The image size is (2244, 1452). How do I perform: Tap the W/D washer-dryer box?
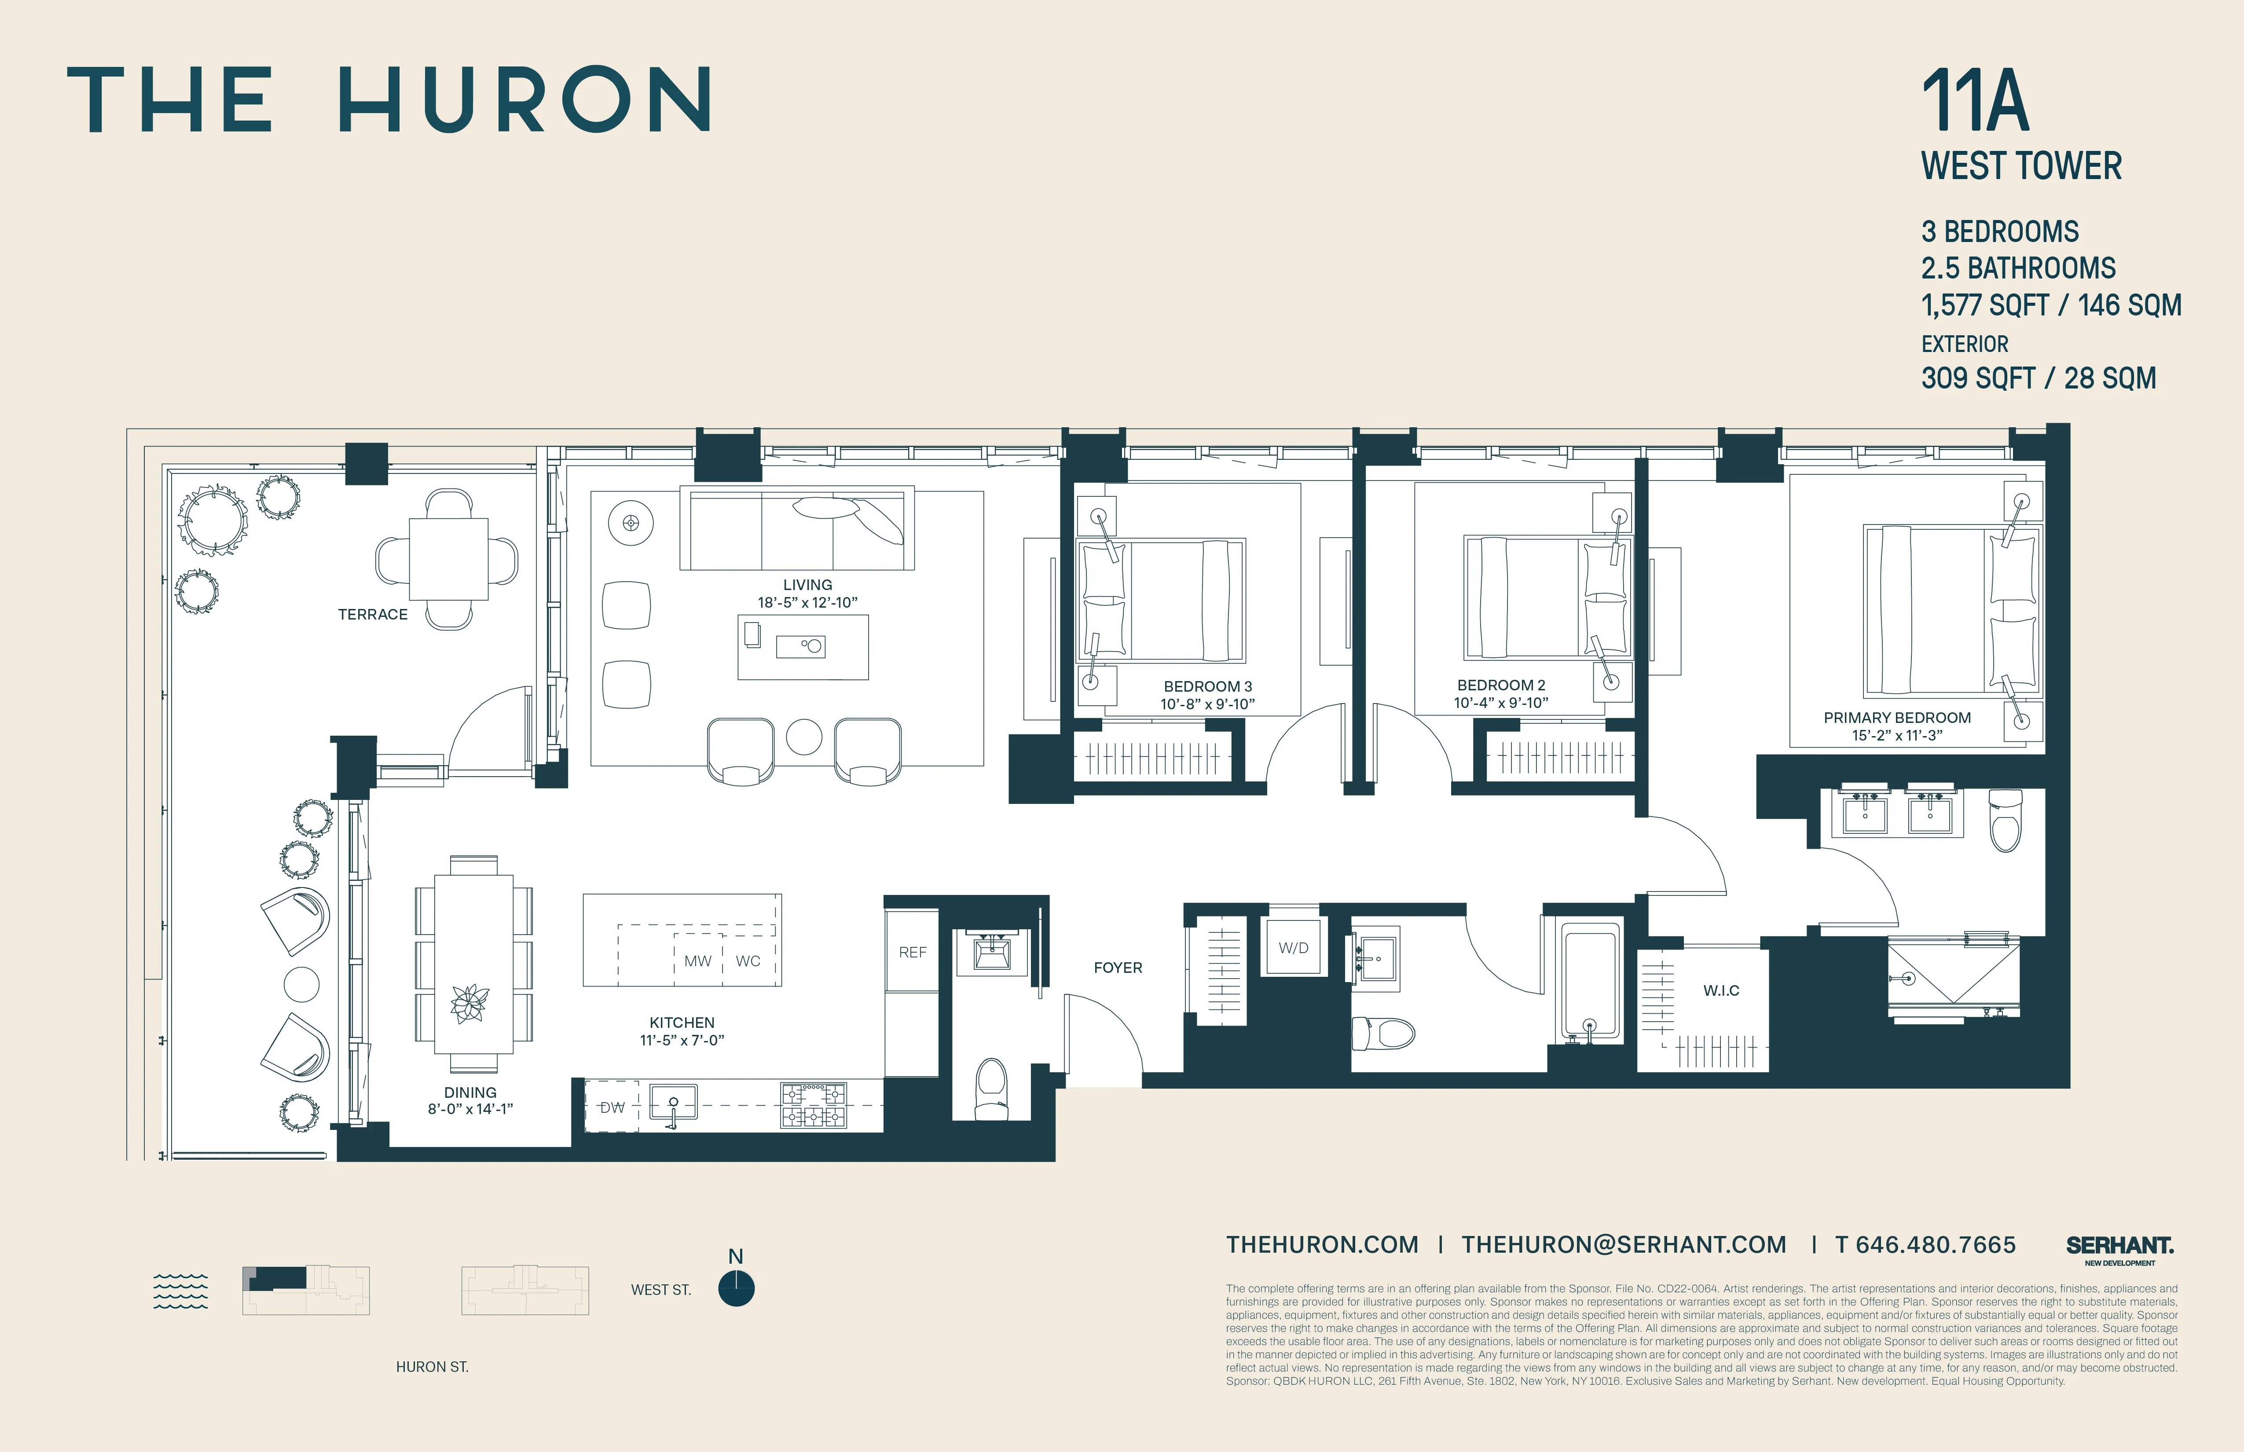pyautogui.click(x=1293, y=948)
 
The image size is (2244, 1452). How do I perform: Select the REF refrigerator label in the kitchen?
pyautogui.click(x=912, y=952)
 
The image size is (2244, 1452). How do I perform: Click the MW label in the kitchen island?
pyautogui.click(x=698, y=961)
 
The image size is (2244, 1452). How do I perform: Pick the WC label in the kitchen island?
pyautogui.click(x=748, y=961)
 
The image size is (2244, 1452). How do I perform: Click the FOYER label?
pyautogui.click(x=1117, y=968)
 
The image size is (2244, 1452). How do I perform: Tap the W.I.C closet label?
pyautogui.click(x=1721, y=990)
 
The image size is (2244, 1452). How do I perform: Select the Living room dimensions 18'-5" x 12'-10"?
pyautogui.click(x=807, y=602)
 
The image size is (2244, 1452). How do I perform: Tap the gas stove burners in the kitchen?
pyautogui.click(x=813, y=1105)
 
